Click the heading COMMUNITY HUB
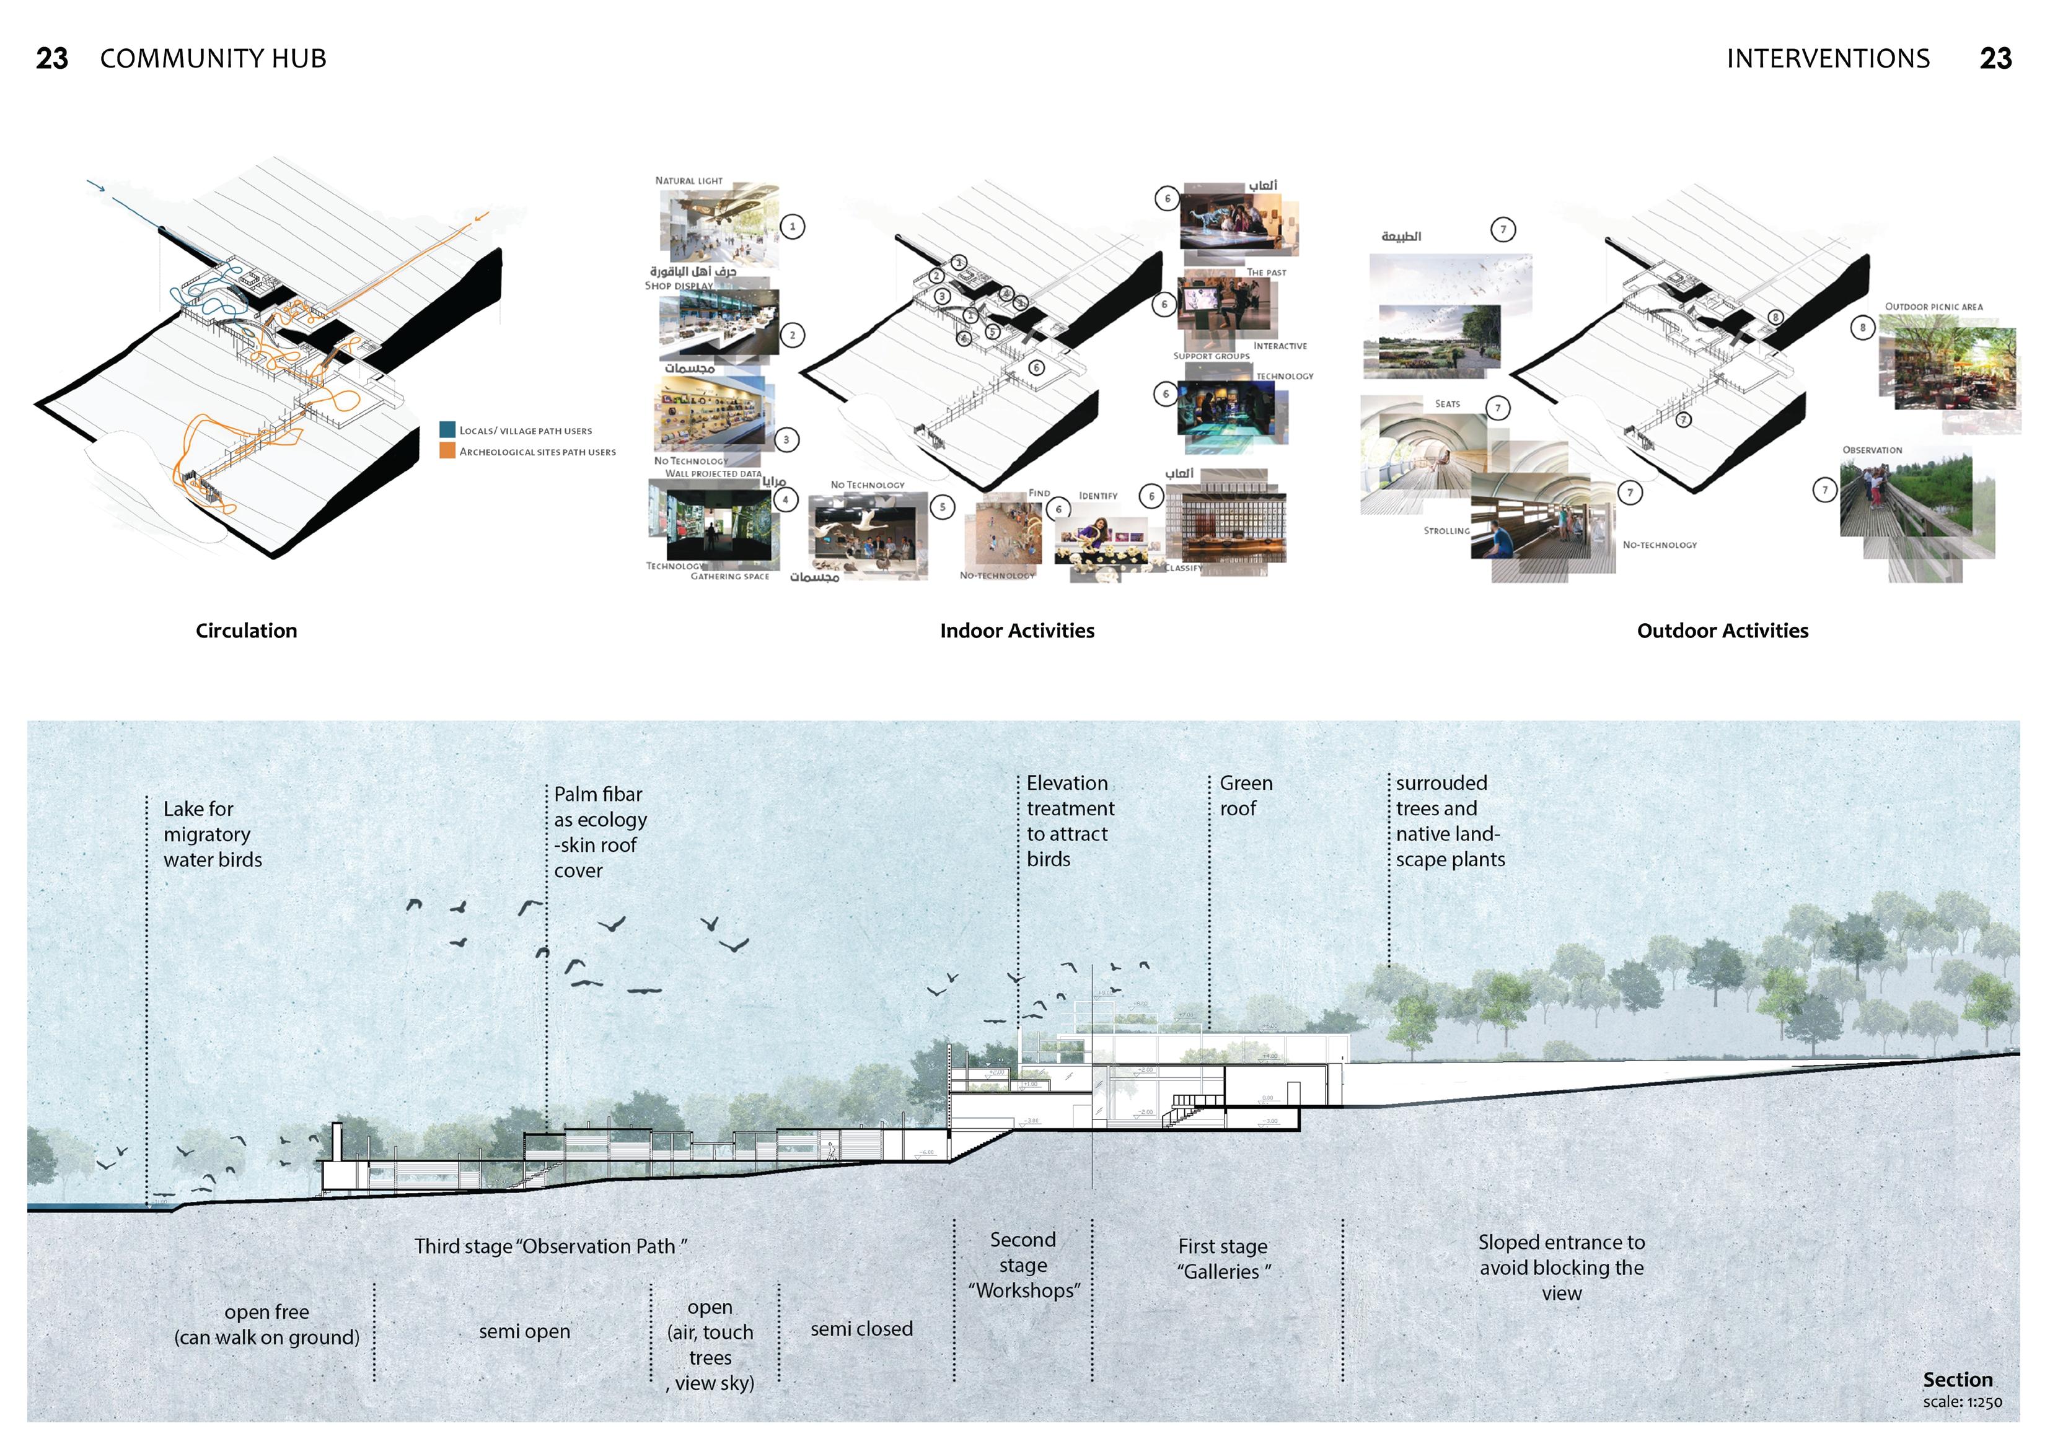click(x=213, y=59)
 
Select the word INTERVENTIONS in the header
click(x=1828, y=59)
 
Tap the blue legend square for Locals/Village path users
click(x=447, y=429)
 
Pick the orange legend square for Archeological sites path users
click(x=447, y=451)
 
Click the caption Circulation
click(x=247, y=630)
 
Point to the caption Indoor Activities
click(x=1017, y=630)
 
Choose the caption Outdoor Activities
click(x=1722, y=630)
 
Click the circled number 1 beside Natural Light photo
click(x=792, y=226)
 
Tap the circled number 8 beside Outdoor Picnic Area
click(x=1862, y=328)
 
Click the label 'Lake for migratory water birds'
click(x=213, y=834)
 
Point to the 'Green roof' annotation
click(x=1246, y=795)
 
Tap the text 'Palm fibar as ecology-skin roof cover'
click(x=599, y=832)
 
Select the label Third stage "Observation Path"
click(x=550, y=1246)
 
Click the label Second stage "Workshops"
click(x=1023, y=1265)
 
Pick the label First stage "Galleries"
click(x=1222, y=1259)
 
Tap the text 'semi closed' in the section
click(x=861, y=1329)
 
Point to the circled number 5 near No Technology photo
click(x=942, y=507)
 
